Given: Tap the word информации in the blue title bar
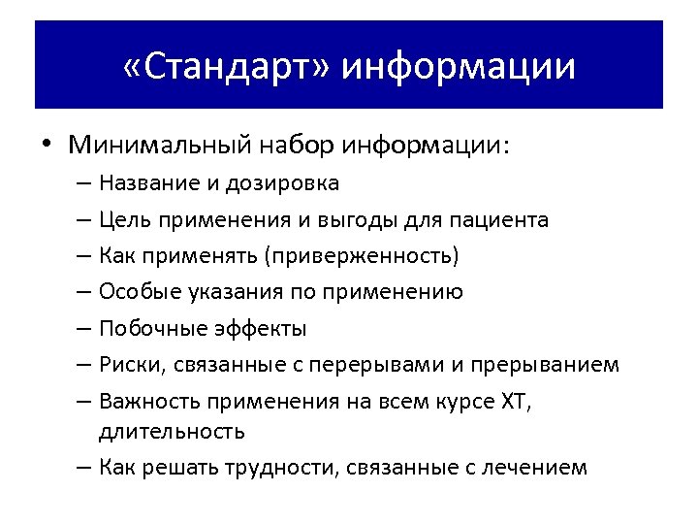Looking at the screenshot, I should point(459,66).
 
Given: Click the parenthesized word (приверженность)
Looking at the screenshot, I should point(363,256).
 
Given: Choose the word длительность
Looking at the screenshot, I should point(172,430).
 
